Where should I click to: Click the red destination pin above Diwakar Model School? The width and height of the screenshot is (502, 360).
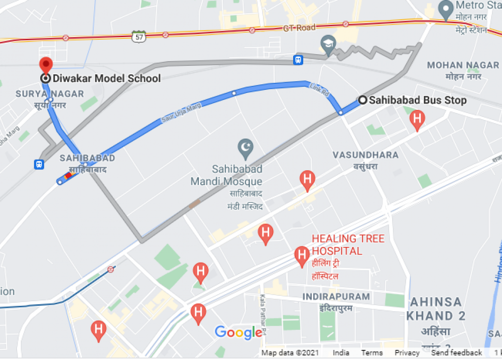pyautogui.click(x=46, y=65)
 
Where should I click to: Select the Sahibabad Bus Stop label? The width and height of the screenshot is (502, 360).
pyautogui.click(x=418, y=100)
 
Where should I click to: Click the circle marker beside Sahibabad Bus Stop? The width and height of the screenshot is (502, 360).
pyautogui.click(x=362, y=100)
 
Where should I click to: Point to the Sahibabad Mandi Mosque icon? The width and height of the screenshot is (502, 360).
pyautogui.click(x=245, y=148)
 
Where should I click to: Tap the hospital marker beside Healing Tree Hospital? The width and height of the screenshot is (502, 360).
pyautogui.click(x=302, y=256)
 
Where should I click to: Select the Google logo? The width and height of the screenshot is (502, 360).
pyautogui.click(x=238, y=332)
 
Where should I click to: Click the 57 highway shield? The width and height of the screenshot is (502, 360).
pyautogui.click(x=139, y=36)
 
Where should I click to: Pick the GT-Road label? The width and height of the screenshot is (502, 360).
pyautogui.click(x=299, y=28)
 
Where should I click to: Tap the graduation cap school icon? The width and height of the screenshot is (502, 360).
pyautogui.click(x=328, y=42)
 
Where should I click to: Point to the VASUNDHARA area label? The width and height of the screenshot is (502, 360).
pyautogui.click(x=365, y=155)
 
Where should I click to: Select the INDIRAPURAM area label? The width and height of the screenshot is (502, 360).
pyautogui.click(x=336, y=297)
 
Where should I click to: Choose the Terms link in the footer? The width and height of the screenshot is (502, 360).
pyautogui.click(x=371, y=353)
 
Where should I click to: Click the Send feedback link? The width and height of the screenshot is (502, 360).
pyautogui.click(x=456, y=353)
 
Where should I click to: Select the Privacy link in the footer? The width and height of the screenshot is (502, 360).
pyautogui.click(x=407, y=353)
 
